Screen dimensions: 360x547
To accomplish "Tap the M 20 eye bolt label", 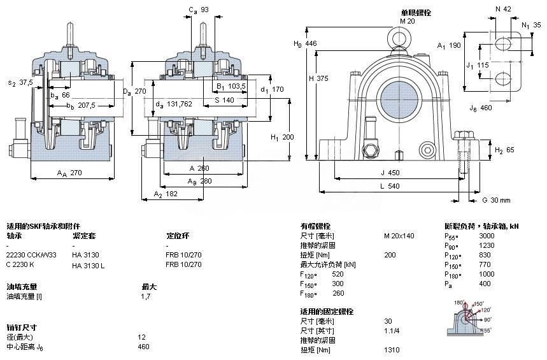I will pos(407,21).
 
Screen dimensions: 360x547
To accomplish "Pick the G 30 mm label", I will pos(495,200).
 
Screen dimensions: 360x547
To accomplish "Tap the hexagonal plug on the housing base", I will pos(370,152).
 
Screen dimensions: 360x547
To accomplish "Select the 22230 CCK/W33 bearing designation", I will pos(31,255).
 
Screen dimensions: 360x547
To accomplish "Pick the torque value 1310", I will pos(392,349).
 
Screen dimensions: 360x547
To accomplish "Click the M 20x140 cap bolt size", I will pos(399,236).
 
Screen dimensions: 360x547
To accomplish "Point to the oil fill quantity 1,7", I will pos(145,296).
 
